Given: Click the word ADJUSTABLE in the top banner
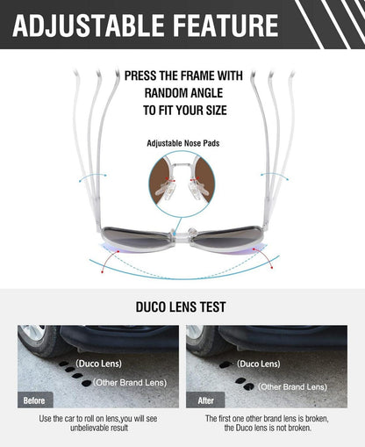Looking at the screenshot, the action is click(x=89, y=25).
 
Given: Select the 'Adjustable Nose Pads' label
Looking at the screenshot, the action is click(x=183, y=143).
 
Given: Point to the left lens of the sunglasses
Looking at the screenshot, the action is click(x=137, y=236).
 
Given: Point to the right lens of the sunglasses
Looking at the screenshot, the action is click(x=227, y=236).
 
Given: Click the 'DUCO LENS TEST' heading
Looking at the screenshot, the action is click(x=181, y=306).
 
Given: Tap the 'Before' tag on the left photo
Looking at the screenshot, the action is click(x=34, y=400).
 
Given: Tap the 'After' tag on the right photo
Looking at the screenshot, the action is click(x=206, y=400).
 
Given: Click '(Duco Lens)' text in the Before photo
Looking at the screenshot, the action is click(x=98, y=364).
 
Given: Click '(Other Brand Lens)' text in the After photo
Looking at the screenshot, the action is click(x=292, y=387).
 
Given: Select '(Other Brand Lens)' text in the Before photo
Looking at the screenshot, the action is click(x=130, y=383).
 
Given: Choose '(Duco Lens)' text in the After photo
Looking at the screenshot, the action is click(x=259, y=364).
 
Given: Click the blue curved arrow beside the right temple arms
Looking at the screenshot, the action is click(x=275, y=176).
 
